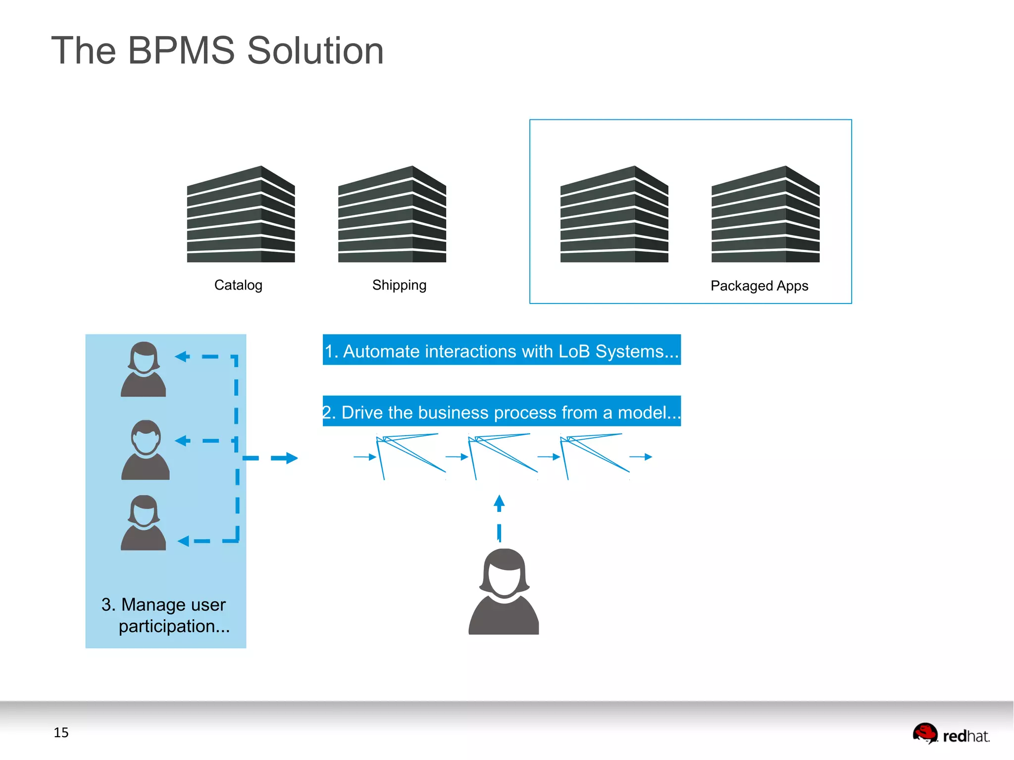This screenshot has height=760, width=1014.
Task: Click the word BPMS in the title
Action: coord(181,51)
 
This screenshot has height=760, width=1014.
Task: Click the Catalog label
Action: coord(238,285)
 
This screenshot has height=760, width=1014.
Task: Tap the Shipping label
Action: coord(399,285)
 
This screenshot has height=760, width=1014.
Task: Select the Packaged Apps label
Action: coord(759,286)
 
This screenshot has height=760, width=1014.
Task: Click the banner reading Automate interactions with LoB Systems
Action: coord(502,350)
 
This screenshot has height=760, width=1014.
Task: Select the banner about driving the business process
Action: coord(502,411)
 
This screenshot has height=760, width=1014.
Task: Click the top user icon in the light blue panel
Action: coord(144,369)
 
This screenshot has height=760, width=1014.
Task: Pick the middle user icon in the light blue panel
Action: coord(146,450)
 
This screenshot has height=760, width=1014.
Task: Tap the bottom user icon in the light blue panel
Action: coord(144,523)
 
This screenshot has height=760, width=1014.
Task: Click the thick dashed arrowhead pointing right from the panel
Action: coord(291,458)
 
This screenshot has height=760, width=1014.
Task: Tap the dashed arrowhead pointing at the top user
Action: coord(182,356)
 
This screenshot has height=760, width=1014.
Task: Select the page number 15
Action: coord(61,732)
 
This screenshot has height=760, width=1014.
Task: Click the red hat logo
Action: coord(951,734)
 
